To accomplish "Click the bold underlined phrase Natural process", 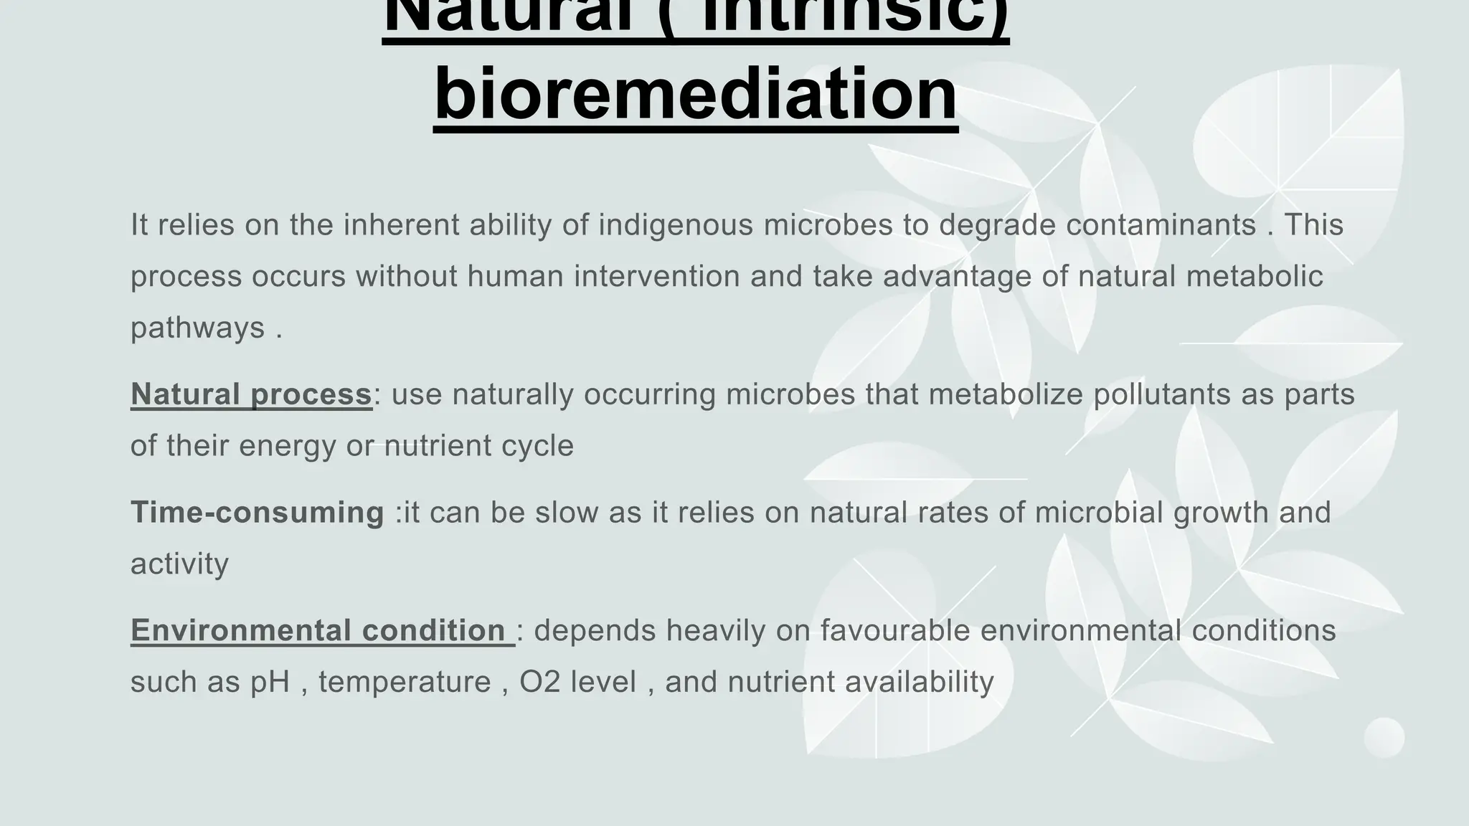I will pyautogui.click(x=251, y=394).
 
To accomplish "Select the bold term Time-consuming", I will pyautogui.click(x=257, y=512).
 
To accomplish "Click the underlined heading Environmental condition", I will pyautogui.click(x=318, y=630).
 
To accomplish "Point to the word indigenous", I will pyautogui.click(x=676, y=225).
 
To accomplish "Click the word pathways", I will pyautogui.click(x=198, y=328).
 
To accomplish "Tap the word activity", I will pyautogui.click(x=179, y=564).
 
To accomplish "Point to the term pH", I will pyautogui.click(x=270, y=682).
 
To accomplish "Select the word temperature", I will pyautogui.click(x=405, y=682).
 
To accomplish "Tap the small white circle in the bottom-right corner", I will pyautogui.click(x=1384, y=737).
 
